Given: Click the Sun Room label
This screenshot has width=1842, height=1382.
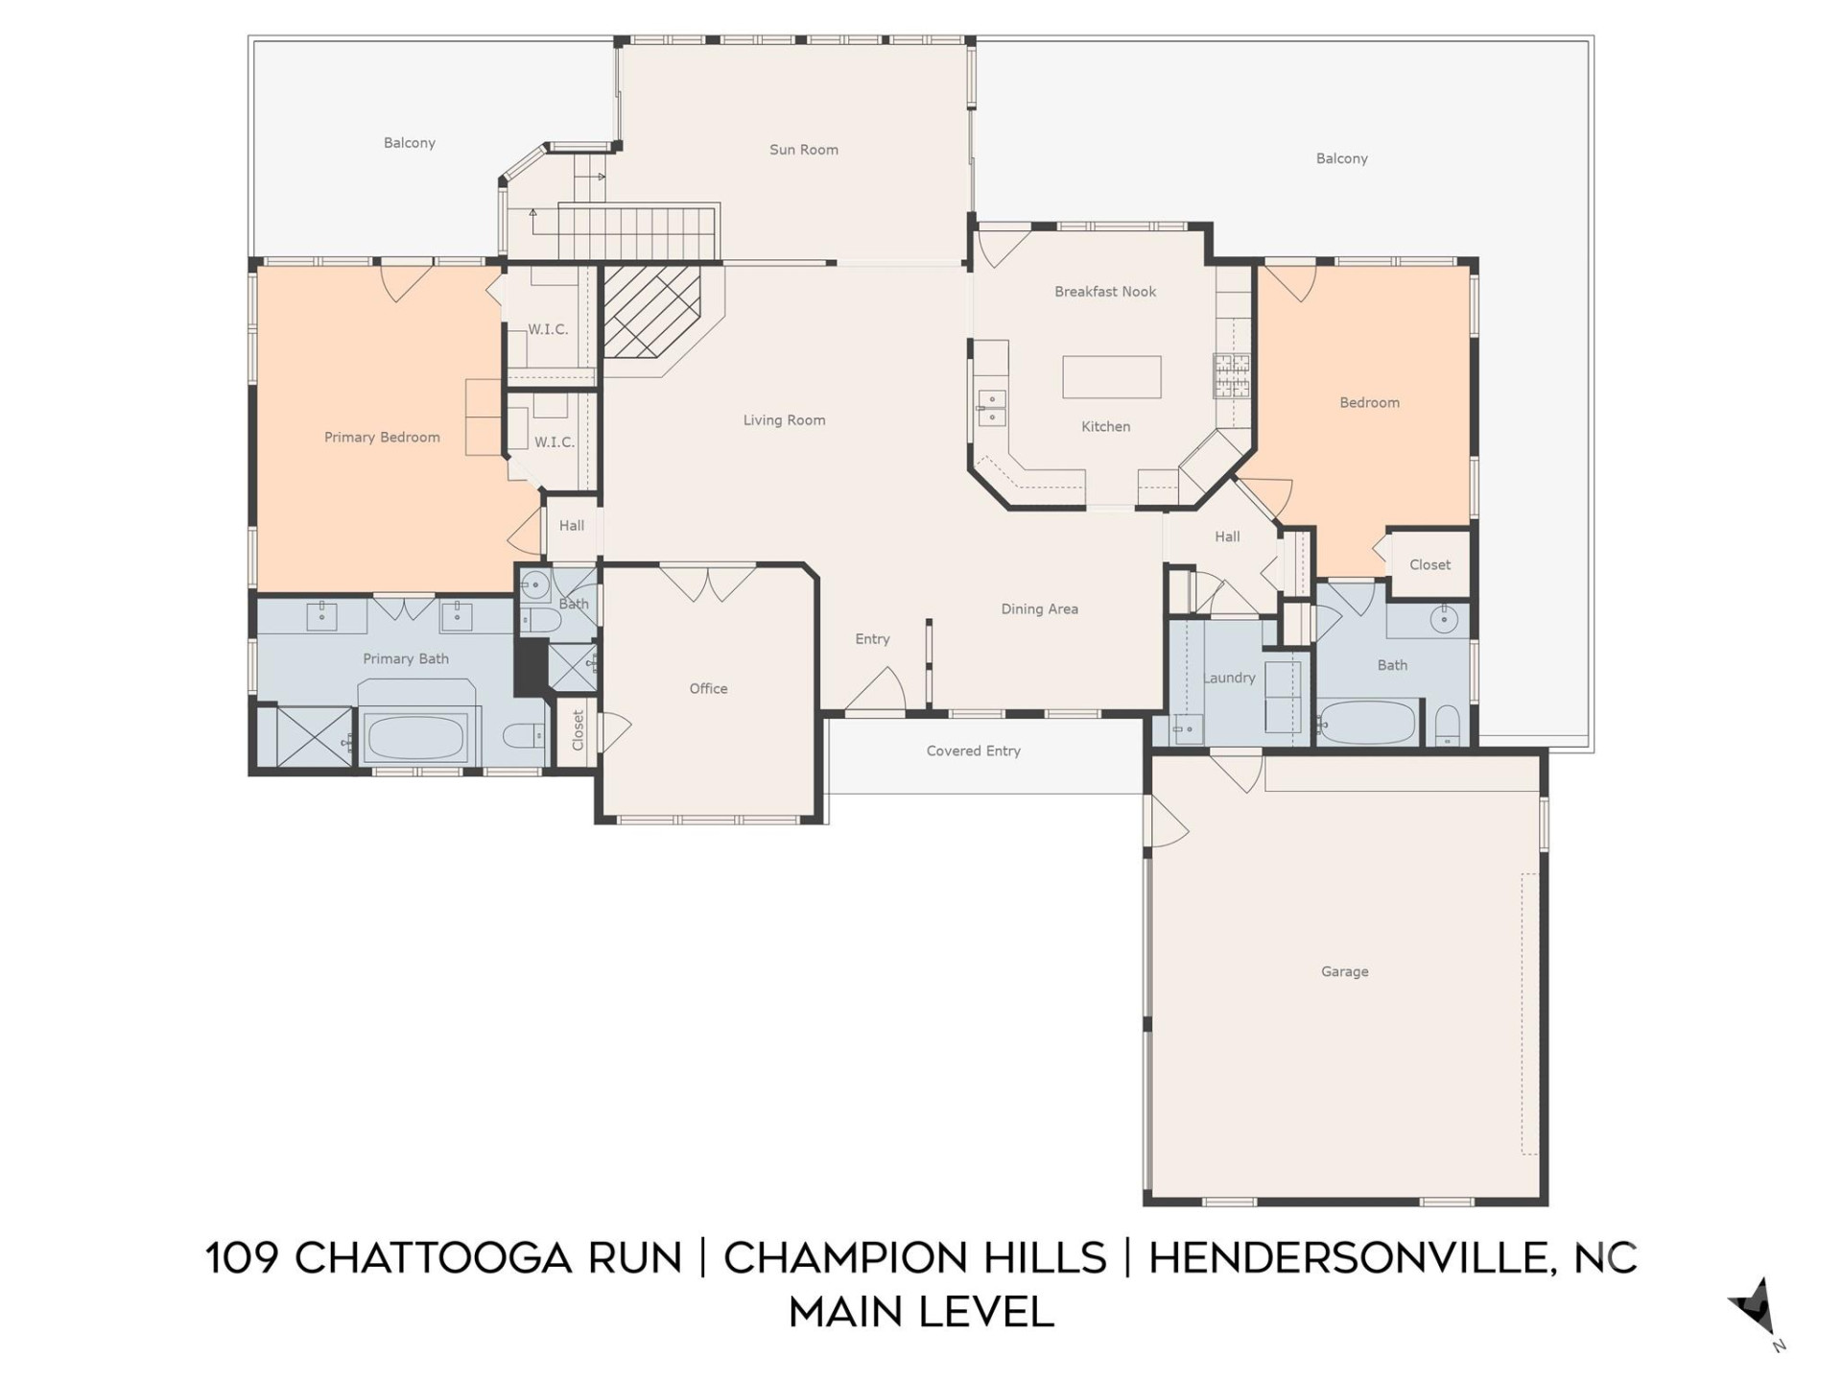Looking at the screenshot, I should (x=803, y=150).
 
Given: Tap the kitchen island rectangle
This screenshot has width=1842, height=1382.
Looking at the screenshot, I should (x=1111, y=376).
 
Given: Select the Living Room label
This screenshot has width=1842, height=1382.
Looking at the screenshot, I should (x=784, y=420).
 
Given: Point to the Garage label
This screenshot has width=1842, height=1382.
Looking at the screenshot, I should (x=1344, y=971).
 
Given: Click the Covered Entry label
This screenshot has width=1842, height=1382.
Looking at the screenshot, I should (x=973, y=751).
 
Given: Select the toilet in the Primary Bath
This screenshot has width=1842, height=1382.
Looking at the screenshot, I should (x=523, y=736).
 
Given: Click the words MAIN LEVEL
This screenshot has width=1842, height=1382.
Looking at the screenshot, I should (x=921, y=1312).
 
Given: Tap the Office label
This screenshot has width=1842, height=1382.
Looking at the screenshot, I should (x=708, y=688).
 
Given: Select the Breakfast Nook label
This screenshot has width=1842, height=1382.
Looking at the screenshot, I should (x=1105, y=292).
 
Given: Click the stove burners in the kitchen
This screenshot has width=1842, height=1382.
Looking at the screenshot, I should (x=1232, y=375).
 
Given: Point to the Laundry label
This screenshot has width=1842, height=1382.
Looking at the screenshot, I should (x=1229, y=678).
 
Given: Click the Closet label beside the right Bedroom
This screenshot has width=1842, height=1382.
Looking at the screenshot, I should (x=1429, y=564).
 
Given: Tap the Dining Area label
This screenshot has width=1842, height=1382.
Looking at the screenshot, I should (x=1039, y=608).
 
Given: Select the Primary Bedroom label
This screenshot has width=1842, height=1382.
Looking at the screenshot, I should (x=382, y=437).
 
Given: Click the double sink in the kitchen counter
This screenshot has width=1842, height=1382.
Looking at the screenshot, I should (x=990, y=407).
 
